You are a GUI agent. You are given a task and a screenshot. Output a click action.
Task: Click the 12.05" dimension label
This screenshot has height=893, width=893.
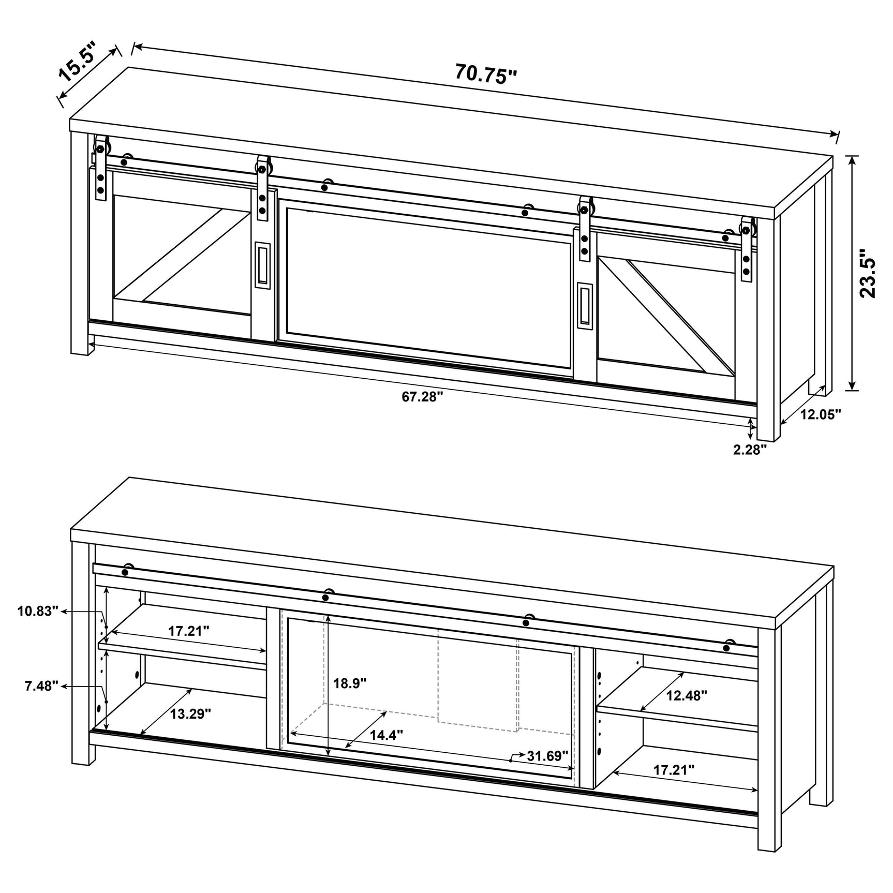coord(821,414)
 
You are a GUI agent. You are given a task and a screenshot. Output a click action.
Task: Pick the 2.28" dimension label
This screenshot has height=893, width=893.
coord(750,450)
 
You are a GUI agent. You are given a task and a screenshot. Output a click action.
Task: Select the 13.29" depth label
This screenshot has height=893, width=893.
coord(191,714)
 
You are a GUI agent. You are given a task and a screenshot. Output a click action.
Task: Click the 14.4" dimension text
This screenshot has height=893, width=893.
coord(386,735)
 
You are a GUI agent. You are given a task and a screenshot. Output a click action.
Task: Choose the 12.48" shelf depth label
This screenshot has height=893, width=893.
coord(687,695)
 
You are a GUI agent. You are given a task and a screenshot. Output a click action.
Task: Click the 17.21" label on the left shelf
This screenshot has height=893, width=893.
coord(188,631)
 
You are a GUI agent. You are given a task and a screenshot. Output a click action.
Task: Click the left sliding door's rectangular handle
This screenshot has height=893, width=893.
coord(263,263)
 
